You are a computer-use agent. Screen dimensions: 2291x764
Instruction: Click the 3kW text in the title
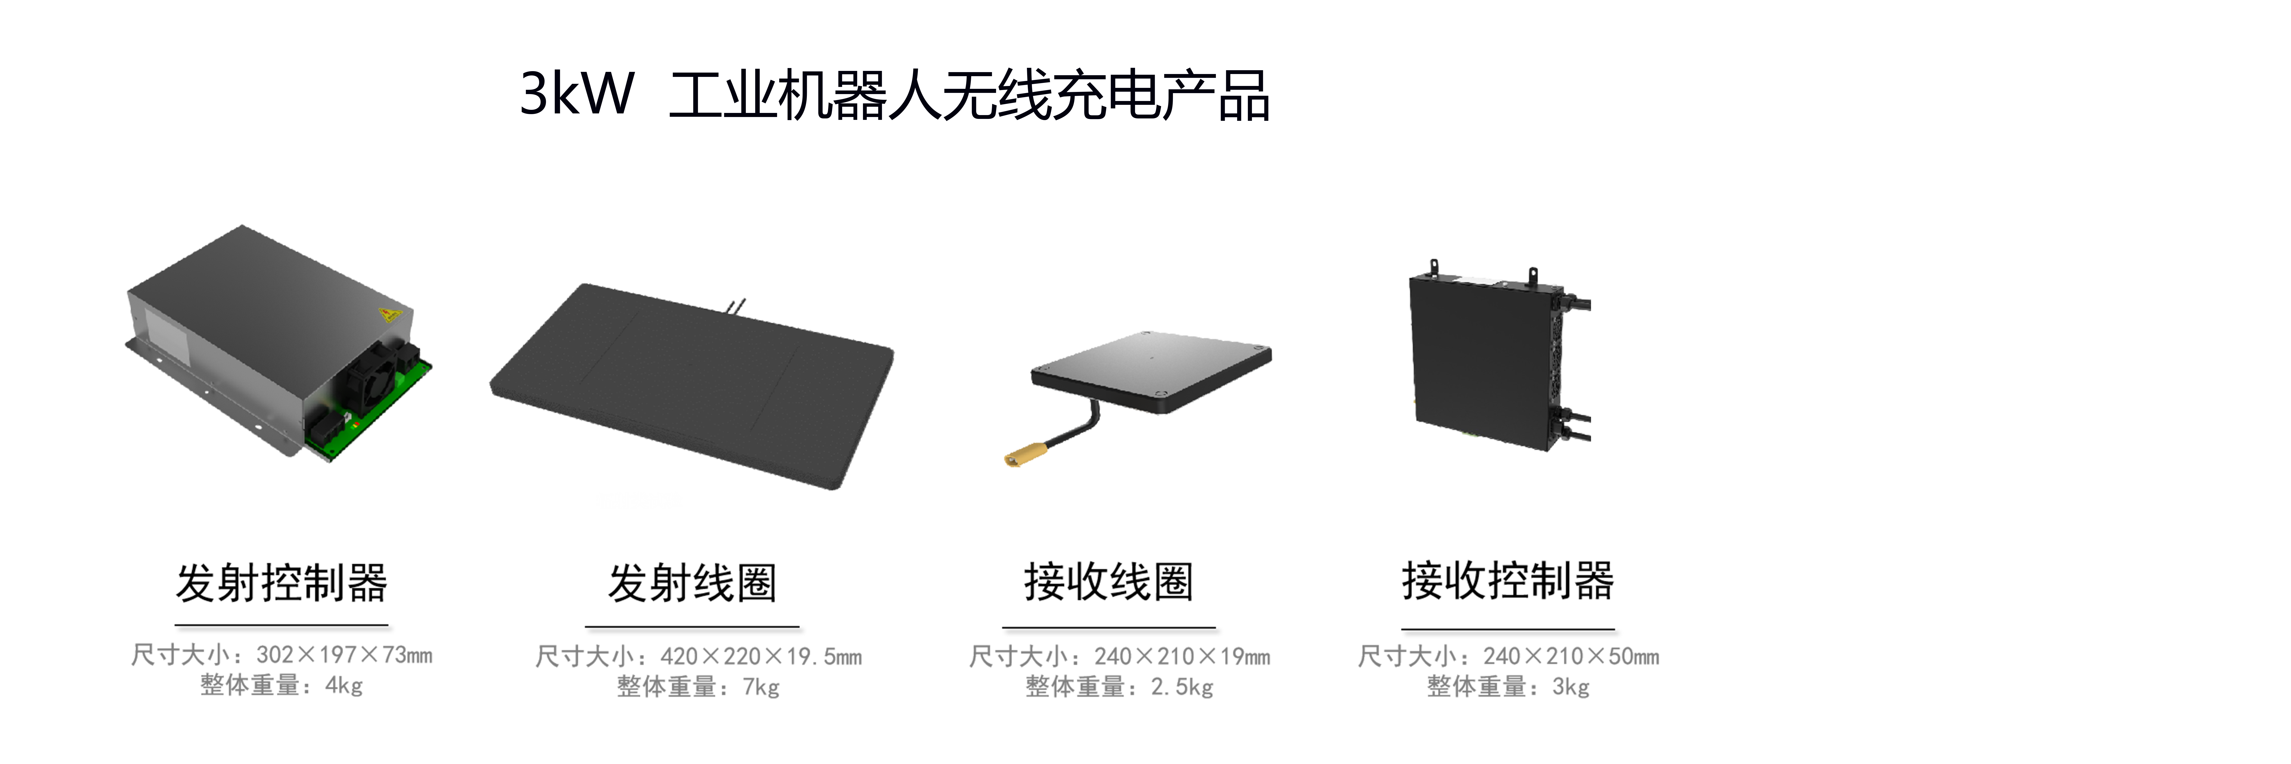576,93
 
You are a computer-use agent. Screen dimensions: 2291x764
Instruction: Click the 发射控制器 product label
281,584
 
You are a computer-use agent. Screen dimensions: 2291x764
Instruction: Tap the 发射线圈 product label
692,584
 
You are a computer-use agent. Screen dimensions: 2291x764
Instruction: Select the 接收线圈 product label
1108,582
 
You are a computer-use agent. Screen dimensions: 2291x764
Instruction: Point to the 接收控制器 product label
1508,581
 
